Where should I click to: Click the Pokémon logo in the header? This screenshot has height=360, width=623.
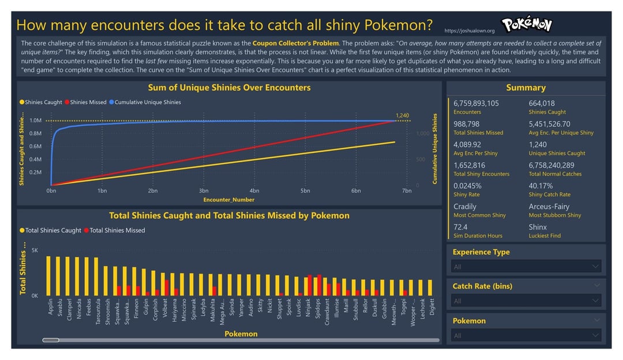[526, 25]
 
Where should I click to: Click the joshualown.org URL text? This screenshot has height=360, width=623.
[470, 31]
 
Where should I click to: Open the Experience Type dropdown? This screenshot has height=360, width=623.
[526, 267]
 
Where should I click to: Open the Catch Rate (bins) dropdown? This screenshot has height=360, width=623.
[526, 301]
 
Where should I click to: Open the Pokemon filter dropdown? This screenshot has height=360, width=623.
[526, 335]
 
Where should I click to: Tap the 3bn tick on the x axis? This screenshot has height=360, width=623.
[204, 190]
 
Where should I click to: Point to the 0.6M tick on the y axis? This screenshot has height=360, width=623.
[35, 147]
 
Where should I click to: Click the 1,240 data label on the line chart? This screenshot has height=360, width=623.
[402, 115]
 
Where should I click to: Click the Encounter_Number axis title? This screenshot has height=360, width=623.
[229, 200]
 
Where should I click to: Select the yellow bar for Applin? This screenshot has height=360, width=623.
[49, 276]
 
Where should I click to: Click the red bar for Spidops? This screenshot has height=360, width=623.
[319, 285]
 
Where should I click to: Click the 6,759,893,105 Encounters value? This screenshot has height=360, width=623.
[476, 103]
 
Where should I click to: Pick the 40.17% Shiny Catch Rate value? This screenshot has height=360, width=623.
[541, 186]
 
